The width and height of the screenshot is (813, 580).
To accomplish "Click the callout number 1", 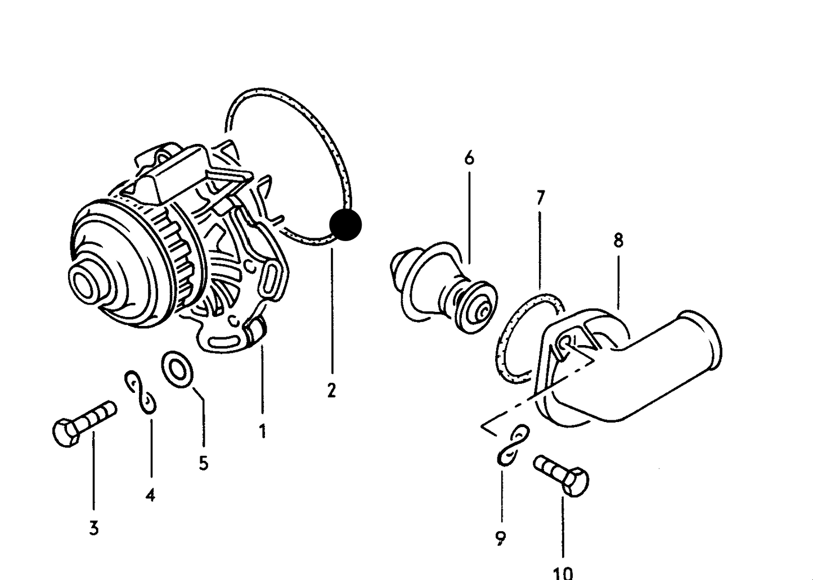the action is click(262, 431).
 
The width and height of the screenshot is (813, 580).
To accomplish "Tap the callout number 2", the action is click(331, 391).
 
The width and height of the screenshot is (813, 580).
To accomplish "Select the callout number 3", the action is click(94, 528).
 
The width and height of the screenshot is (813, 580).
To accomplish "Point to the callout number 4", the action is click(150, 495).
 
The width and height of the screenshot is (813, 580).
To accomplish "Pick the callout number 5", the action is click(204, 463).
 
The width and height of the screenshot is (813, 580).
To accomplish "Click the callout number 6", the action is click(469, 158).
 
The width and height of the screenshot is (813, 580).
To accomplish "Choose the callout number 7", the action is click(541, 198).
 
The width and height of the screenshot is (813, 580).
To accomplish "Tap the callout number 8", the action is click(618, 240).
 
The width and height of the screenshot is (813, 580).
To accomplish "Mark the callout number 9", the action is click(501, 538).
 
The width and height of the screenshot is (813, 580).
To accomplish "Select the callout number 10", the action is click(563, 573).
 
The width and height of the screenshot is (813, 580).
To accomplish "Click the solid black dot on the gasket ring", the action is click(345, 225).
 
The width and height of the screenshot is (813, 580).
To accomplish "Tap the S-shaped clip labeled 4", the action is click(141, 392).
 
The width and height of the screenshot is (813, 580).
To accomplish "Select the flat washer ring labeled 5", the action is click(177, 369).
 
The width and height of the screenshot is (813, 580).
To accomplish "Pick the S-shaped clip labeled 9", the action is click(513, 445).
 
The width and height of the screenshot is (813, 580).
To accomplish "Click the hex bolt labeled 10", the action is click(561, 475).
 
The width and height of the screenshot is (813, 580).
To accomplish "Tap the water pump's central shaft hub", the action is click(87, 280).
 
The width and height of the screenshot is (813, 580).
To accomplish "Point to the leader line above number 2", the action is click(332, 311).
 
